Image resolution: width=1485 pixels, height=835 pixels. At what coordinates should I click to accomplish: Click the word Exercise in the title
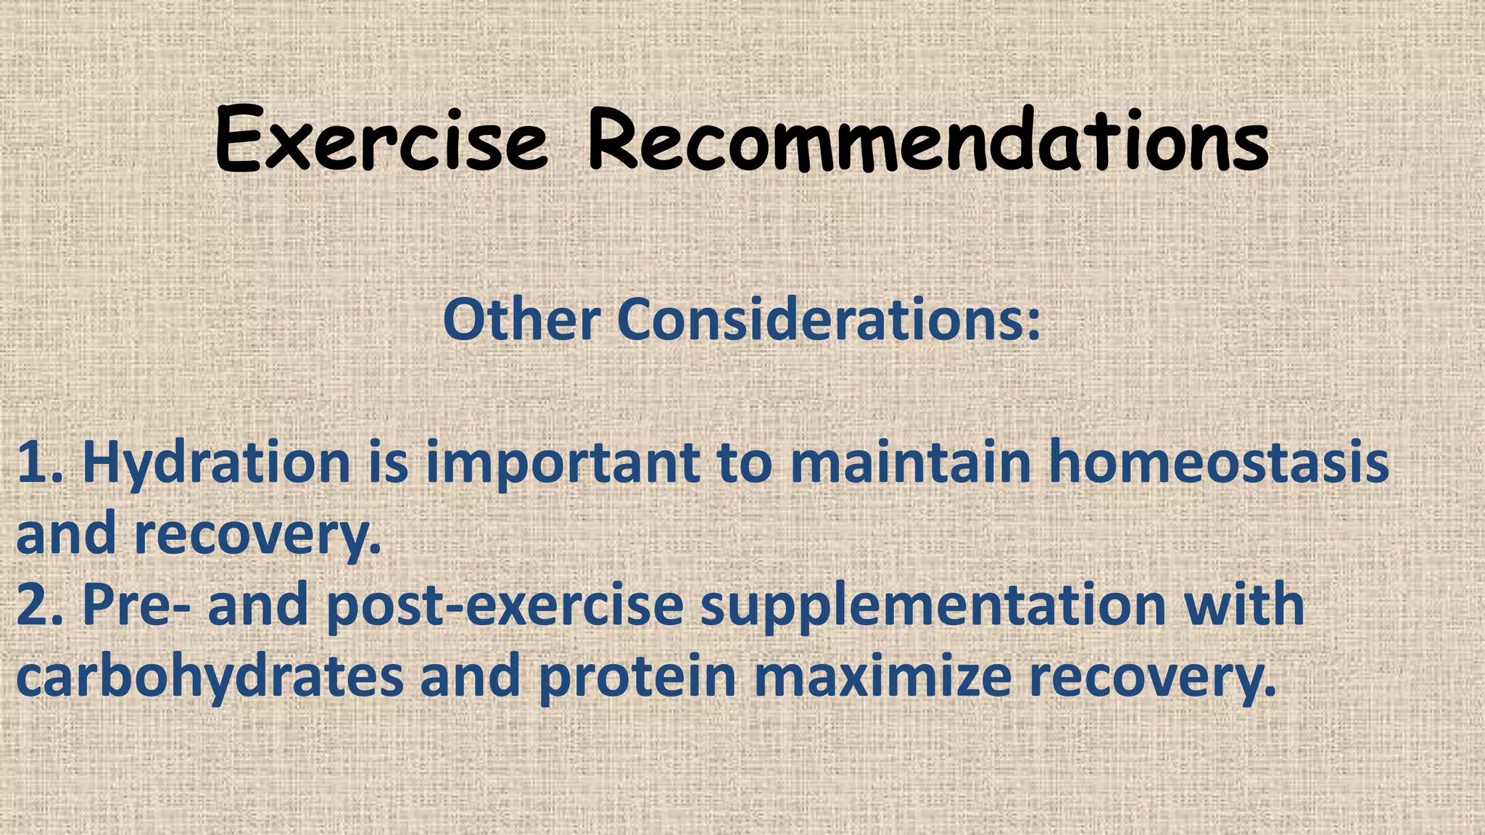coord(381,139)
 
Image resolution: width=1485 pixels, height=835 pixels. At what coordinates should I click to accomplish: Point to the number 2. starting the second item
coord(42,605)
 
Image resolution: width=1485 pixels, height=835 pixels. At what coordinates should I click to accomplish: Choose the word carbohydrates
coord(210,677)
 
